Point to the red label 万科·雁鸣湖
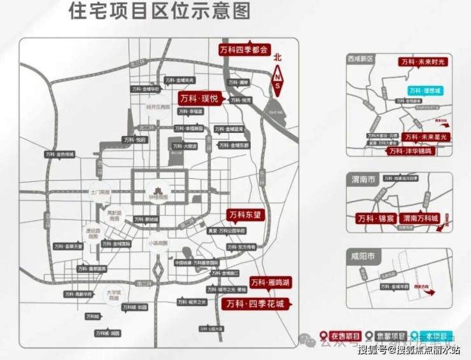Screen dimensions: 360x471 tap(269, 282)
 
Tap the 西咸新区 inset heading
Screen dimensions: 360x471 tap(363, 58)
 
